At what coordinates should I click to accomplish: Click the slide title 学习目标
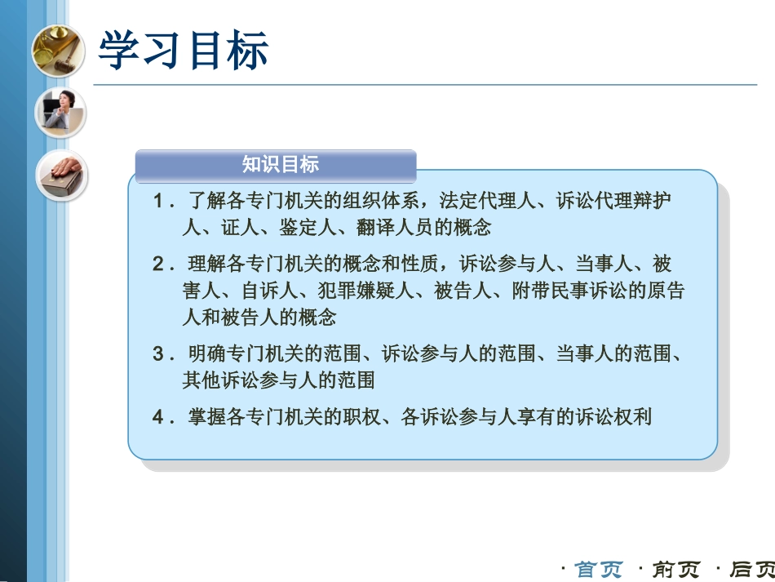183,51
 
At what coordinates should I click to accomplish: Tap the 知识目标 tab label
280,165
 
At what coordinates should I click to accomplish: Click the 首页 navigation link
600,569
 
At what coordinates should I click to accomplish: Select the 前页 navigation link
676,569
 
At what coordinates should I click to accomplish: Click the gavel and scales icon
58,51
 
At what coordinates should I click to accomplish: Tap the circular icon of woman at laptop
60,112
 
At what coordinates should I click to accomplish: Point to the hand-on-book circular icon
63,175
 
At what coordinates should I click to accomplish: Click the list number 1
159,201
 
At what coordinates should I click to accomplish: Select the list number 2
159,264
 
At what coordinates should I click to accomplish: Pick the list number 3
159,354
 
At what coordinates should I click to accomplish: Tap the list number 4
159,417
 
